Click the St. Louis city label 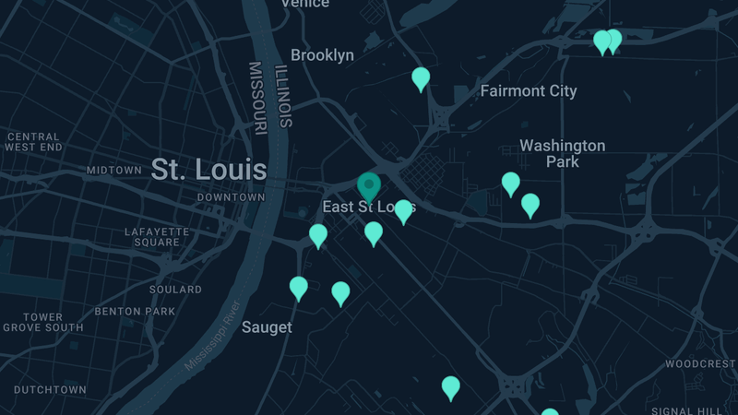click(x=208, y=170)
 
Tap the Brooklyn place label click(x=322, y=55)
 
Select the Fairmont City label click(x=529, y=91)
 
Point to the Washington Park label click(x=562, y=153)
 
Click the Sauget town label click(x=267, y=327)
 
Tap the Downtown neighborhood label click(x=231, y=197)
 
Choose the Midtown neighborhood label click(x=113, y=171)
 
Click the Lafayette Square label click(x=157, y=237)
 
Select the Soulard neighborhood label click(x=175, y=290)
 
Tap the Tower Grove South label click(x=43, y=322)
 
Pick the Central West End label click(x=33, y=142)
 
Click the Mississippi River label click(x=213, y=336)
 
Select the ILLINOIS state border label click(x=285, y=94)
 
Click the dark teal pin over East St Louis click(x=369, y=186)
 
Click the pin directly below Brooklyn click(x=421, y=78)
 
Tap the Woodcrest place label click(x=700, y=364)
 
